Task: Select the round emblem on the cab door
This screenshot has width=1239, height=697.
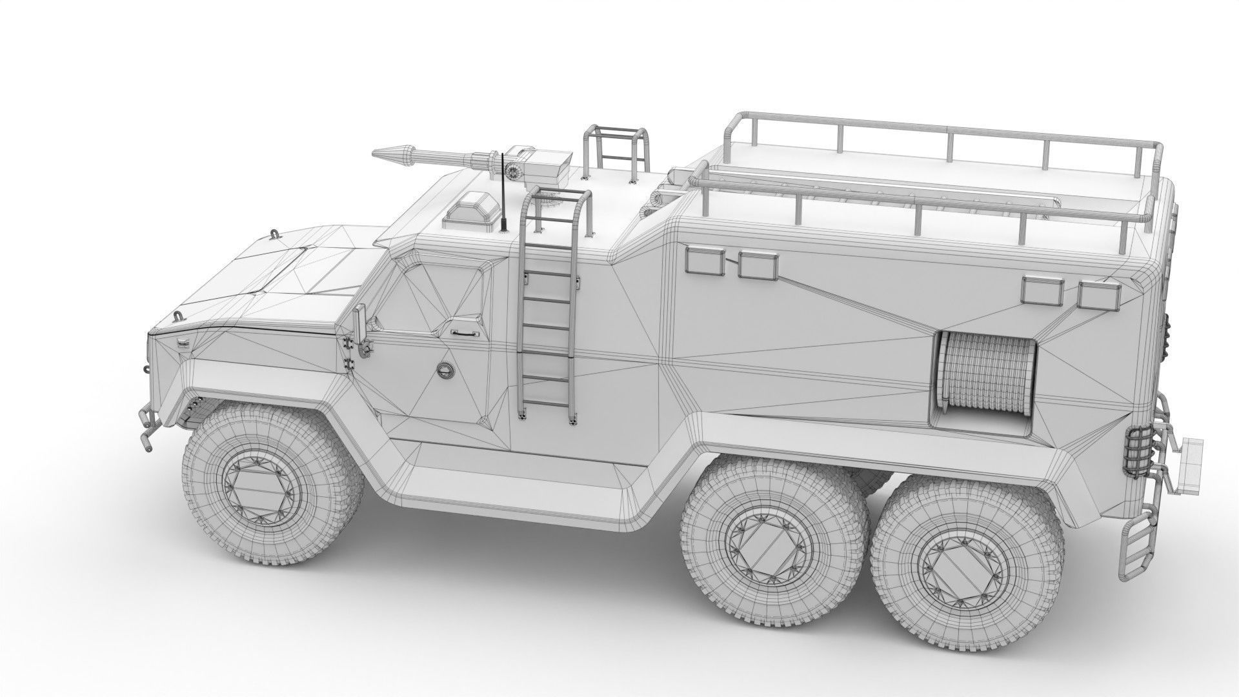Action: [x=445, y=369]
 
